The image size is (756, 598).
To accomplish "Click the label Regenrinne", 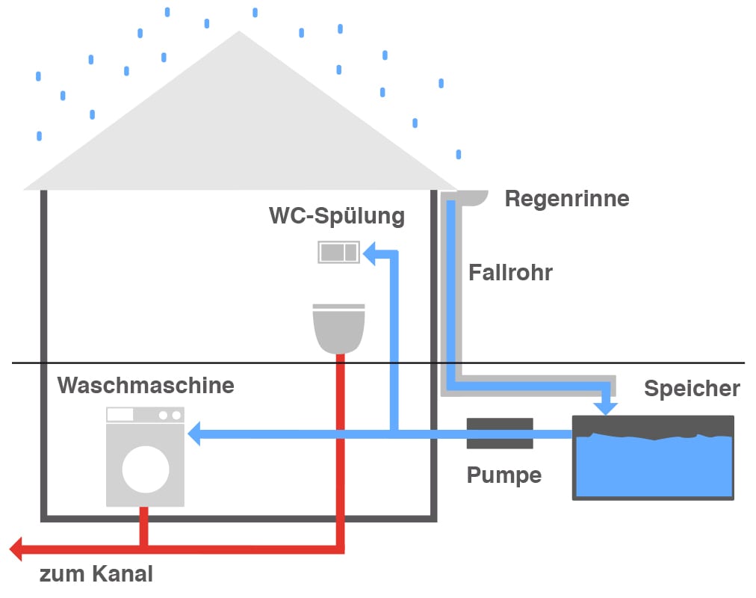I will (567, 199).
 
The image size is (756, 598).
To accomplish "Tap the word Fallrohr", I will (510, 272).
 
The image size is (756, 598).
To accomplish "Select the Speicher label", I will (692, 389).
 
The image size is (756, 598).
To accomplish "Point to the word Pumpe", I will (504, 475).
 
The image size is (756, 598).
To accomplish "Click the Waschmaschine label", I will (146, 386).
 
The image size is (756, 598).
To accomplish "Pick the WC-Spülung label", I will (337, 216).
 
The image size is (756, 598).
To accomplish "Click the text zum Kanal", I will (96, 574).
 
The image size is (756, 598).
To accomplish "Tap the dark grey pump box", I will (500, 434).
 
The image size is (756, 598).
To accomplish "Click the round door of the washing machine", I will (146, 469).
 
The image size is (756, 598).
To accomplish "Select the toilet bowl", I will (339, 329).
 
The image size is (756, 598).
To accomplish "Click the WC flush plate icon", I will (339, 252).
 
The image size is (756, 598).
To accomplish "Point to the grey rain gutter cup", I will (472, 197).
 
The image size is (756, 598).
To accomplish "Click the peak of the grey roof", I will (239, 33).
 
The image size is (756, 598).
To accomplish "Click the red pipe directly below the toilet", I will (340, 389).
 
